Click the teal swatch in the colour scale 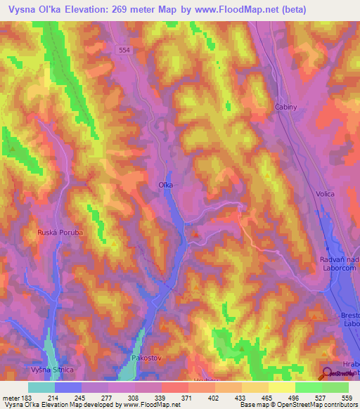41,387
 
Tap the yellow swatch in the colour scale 281,387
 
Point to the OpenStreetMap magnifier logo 327,374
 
